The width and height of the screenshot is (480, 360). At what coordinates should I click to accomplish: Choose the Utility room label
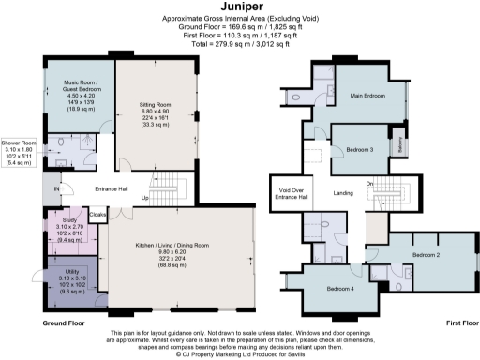pos(70,272)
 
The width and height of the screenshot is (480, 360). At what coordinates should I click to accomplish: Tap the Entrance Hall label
pos(111,187)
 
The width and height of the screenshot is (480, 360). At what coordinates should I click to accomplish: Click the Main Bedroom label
pos(369,95)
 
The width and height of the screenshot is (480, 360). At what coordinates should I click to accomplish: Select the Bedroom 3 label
pos(360,149)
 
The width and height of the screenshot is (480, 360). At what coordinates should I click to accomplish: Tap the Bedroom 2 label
pos(426,253)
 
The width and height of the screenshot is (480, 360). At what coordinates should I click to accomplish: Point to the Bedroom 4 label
pos(341,290)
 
